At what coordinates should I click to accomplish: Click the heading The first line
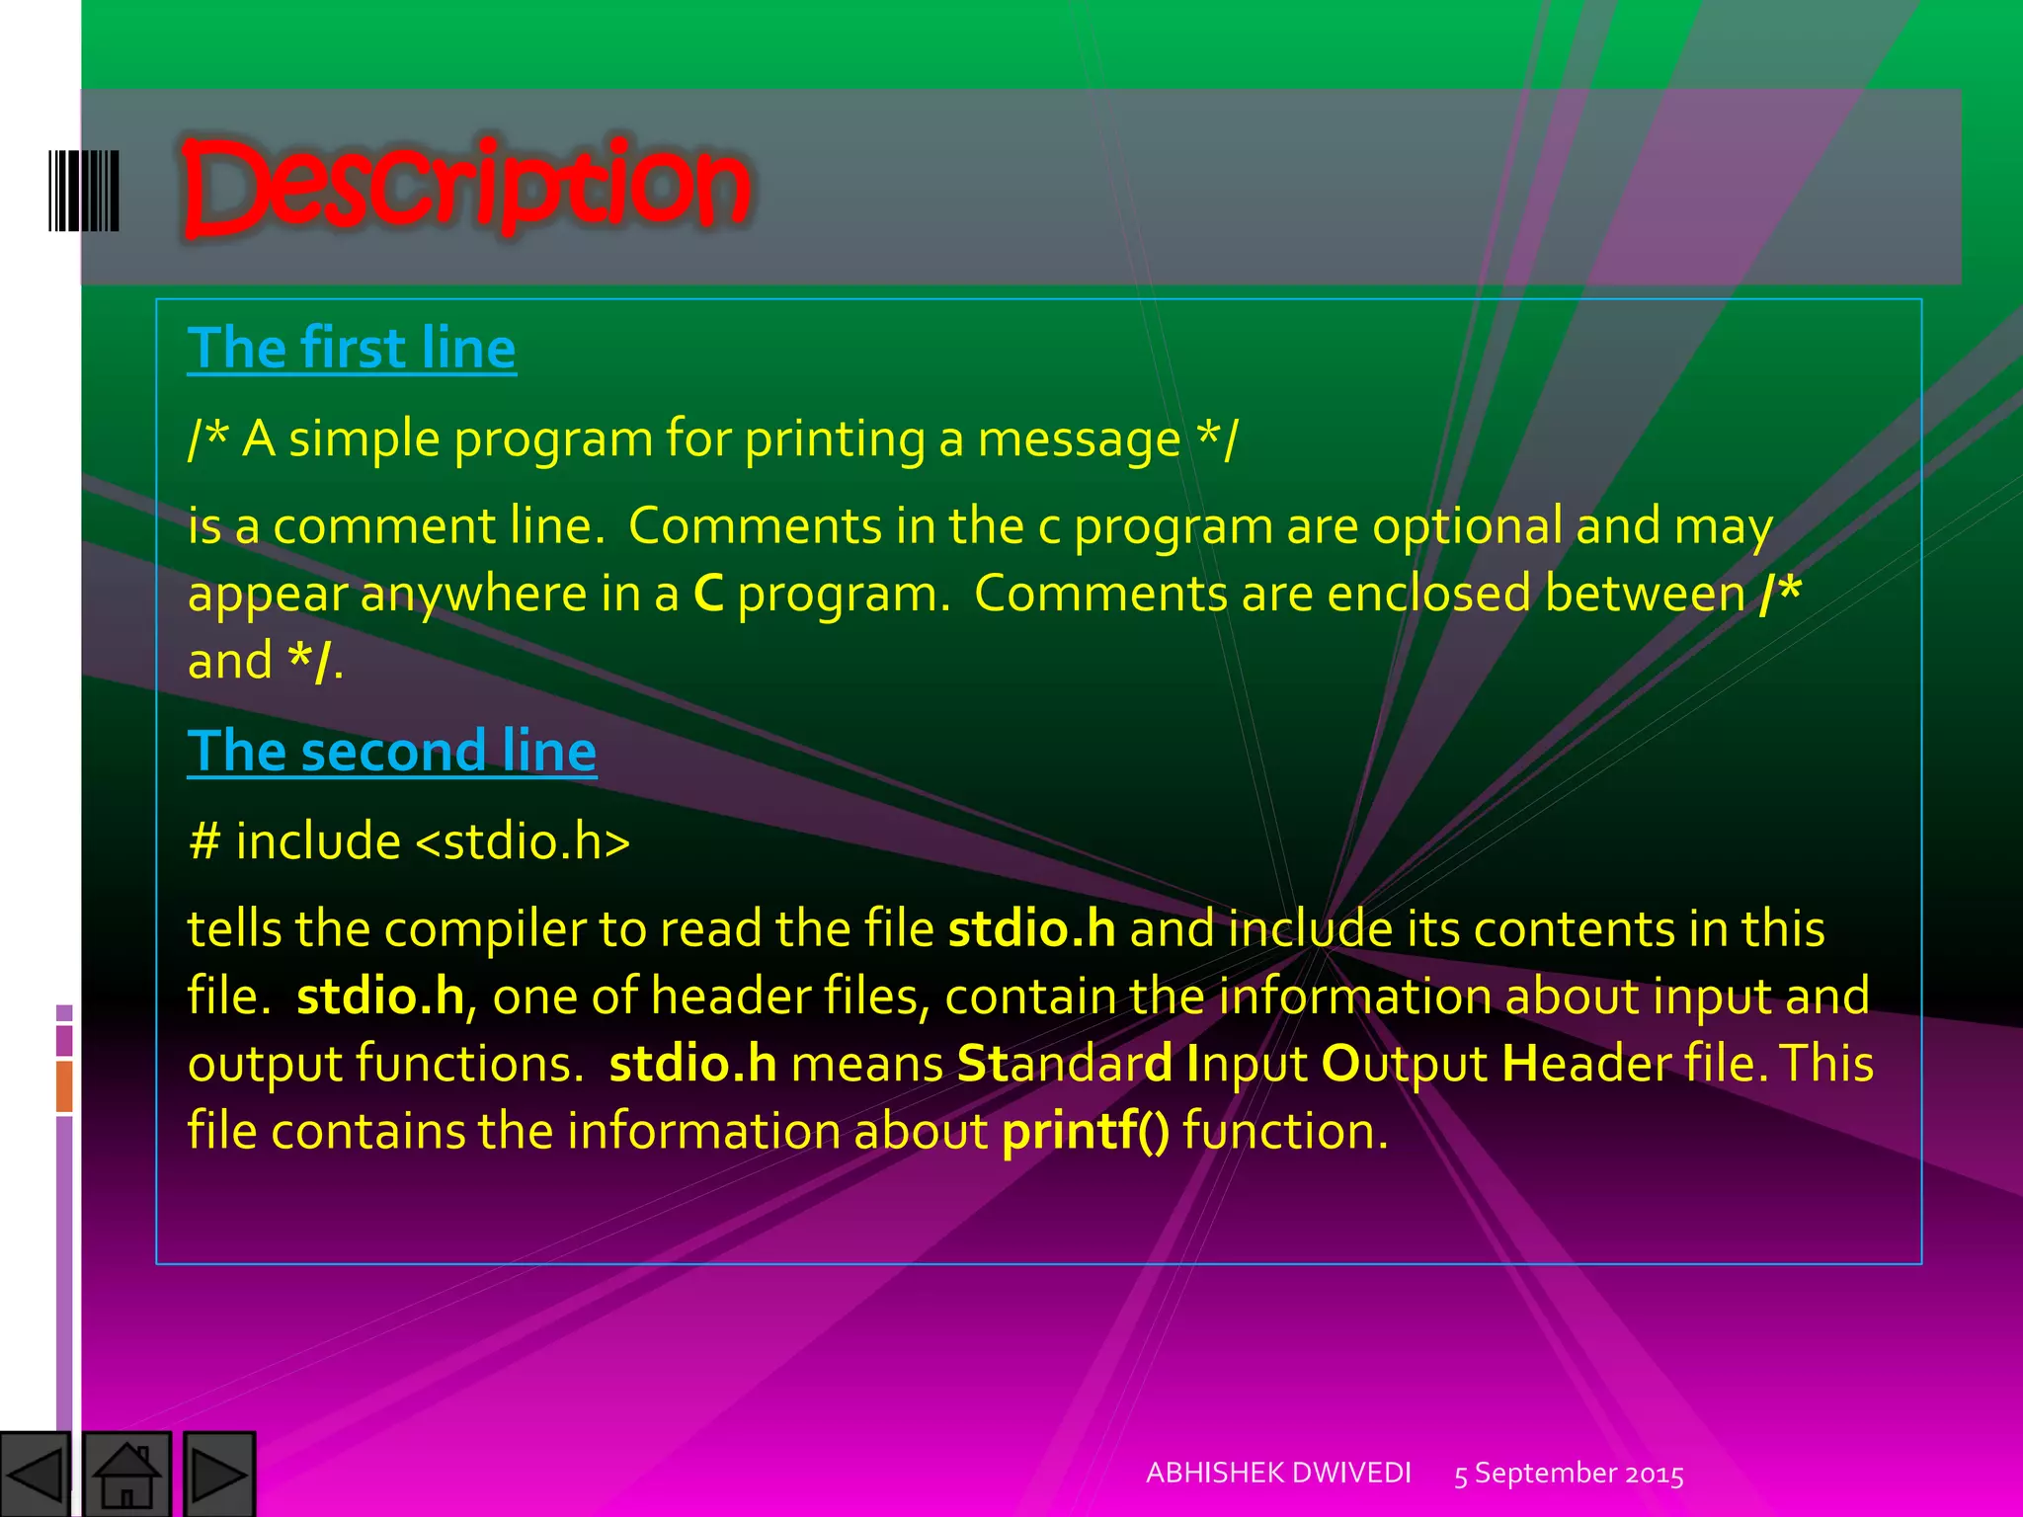(x=352, y=348)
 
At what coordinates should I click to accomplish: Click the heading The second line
(x=392, y=751)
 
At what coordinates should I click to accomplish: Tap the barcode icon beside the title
(x=84, y=191)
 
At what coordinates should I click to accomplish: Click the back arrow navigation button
(x=36, y=1475)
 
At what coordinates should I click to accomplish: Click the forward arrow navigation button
(x=218, y=1475)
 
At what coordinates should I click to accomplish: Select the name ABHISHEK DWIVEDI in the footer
(x=1278, y=1473)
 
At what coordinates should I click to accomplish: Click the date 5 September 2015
(x=1569, y=1474)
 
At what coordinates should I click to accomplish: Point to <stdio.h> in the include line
(x=523, y=841)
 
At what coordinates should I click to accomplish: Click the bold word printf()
(x=1085, y=1131)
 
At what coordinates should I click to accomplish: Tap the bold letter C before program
(x=708, y=594)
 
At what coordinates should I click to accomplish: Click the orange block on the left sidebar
(x=64, y=1085)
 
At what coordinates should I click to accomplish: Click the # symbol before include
(x=204, y=841)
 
